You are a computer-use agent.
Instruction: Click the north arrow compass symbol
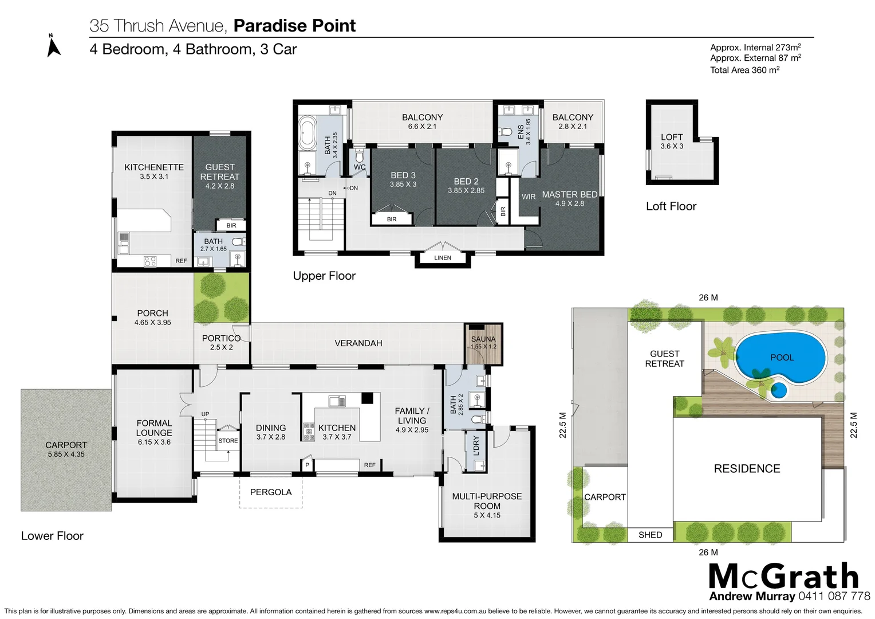tap(53, 46)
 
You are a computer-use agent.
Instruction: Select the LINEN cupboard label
tap(443, 258)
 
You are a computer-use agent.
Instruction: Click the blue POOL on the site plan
tap(781, 358)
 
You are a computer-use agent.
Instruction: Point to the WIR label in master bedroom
tap(529, 197)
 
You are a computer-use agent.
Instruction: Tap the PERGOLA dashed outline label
tap(271, 492)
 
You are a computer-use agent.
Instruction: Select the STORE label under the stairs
tap(228, 441)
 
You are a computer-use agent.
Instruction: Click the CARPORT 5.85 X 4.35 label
tap(66, 449)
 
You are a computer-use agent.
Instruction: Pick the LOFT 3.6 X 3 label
tap(672, 141)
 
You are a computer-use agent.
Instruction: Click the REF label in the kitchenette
tap(181, 261)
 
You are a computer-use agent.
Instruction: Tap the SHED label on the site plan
tap(650, 535)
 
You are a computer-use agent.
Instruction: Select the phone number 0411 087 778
tap(834, 596)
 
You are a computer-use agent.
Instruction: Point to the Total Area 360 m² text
tap(744, 70)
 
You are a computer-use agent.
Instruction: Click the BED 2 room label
tap(466, 185)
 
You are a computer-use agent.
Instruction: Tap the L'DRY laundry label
tap(476, 446)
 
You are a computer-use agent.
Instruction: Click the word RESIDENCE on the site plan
tap(747, 469)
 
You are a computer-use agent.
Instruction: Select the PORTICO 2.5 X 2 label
tap(221, 342)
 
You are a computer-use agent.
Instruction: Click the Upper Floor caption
tap(324, 276)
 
